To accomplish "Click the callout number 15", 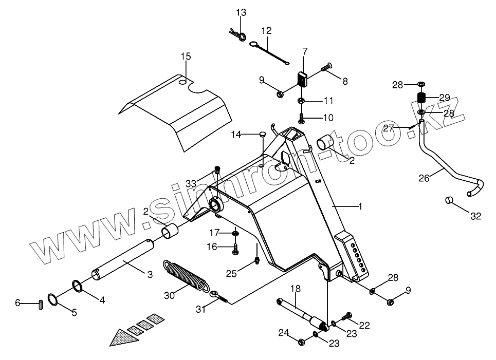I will point(186,55).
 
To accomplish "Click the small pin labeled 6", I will point(40,304).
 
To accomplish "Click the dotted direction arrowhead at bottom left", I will point(124,337).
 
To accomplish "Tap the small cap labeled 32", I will point(448,199).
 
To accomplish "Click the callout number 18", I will point(295,289).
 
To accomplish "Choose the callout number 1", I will point(360,206).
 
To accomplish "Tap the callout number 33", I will point(191,183).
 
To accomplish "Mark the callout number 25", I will point(231,274).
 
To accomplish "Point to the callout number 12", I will point(266,30).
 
